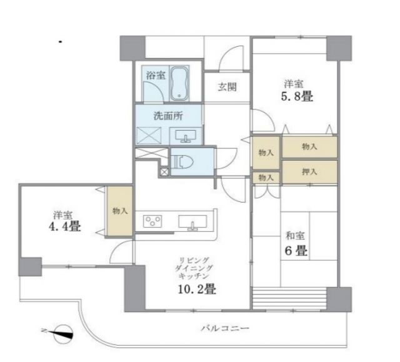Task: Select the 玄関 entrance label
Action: point(227,88)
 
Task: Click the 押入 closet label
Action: point(309,171)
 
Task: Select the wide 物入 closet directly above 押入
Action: point(309,147)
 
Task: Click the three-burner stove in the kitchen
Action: point(153,221)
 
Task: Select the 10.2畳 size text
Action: point(198,289)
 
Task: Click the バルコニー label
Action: point(225,328)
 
